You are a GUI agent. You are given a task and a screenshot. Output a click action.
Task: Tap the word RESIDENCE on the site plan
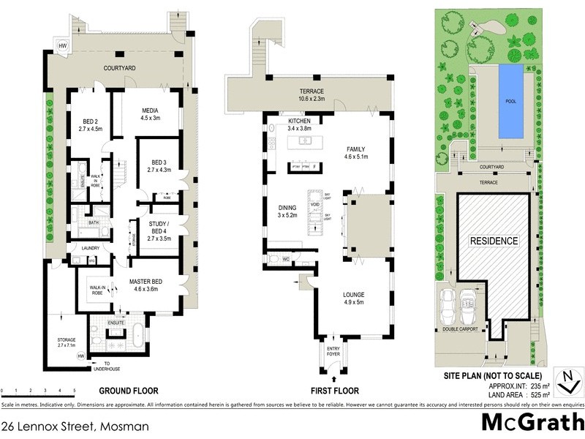pos(494,241)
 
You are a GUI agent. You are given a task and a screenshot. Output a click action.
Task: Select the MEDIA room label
pos(149,113)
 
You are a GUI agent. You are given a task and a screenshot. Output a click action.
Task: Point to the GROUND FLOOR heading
pos(128,391)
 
